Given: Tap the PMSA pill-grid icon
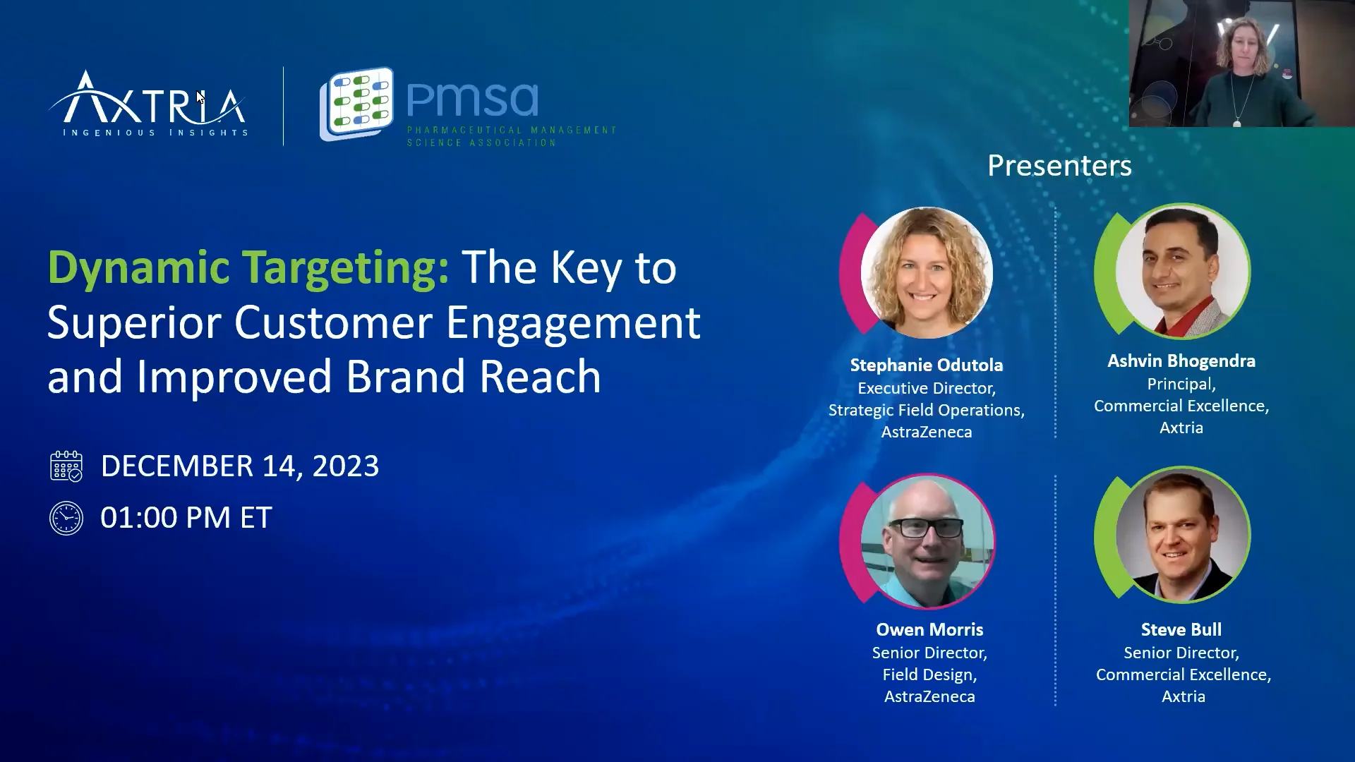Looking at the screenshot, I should (x=357, y=103).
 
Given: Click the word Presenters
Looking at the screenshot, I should (x=1059, y=166).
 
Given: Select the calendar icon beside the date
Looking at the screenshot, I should (x=66, y=466).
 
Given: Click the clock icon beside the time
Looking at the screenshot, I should (x=66, y=519).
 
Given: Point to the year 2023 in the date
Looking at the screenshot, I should (x=345, y=466).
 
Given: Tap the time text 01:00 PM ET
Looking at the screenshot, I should (x=186, y=518).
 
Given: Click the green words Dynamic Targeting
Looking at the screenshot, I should (x=248, y=268).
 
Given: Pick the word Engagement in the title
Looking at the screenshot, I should (x=572, y=323).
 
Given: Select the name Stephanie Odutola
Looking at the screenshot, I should (x=926, y=365).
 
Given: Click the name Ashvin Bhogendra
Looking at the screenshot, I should (x=1181, y=361).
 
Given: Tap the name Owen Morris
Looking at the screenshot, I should (x=929, y=629).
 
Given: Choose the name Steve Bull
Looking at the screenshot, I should (x=1181, y=629).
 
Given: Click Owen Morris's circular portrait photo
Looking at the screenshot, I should (x=927, y=541).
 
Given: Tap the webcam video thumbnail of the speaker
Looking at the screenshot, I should (x=1241, y=64).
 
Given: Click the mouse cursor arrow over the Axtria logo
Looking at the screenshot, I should (x=200, y=97).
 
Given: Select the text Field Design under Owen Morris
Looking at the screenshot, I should (x=929, y=675).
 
